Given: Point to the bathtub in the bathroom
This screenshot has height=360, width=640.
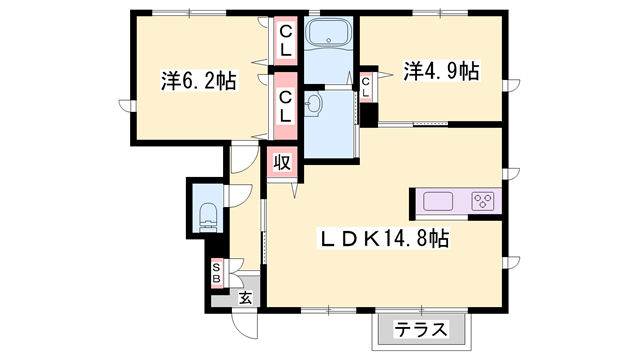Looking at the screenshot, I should [x=328, y=36].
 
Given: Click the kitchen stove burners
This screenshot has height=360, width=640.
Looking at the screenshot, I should [x=483, y=201].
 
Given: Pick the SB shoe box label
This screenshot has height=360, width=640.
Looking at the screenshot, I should [x=216, y=272].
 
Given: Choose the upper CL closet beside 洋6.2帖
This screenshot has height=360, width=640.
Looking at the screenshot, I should [x=285, y=40].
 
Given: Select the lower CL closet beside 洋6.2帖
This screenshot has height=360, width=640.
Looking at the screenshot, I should [x=285, y=106].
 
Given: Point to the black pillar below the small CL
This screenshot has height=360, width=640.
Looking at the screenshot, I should [x=369, y=113].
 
